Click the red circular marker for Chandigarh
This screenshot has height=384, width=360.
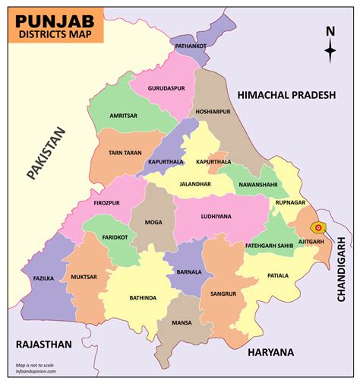tap(319, 227)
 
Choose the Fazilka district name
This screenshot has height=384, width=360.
tap(44, 279)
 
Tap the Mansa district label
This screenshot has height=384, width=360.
tap(180, 322)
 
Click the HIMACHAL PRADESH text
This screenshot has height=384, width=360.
tap(286, 95)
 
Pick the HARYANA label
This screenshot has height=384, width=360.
tap(270, 352)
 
